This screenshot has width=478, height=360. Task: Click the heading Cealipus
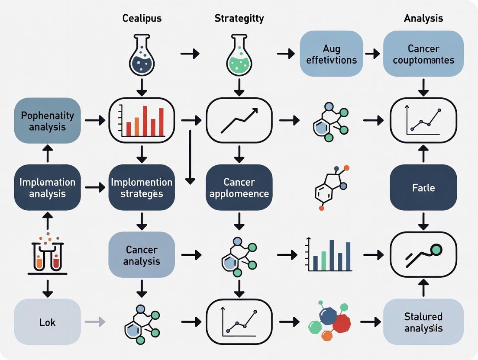click(x=142, y=19)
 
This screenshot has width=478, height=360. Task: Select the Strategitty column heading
click(x=239, y=19)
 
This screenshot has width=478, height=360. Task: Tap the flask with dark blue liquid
click(x=142, y=55)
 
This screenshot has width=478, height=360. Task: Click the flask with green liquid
click(x=239, y=55)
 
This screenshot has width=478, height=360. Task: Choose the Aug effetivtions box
click(x=331, y=54)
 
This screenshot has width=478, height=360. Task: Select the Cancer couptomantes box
click(x=423, y=54)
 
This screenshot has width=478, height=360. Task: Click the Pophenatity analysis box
click(x=48, y=121)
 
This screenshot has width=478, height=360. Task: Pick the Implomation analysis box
click(x=48, y=187)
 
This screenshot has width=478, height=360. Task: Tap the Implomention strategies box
click(x=142, y=187)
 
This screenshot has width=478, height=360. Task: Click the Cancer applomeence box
click(x=239, y=187)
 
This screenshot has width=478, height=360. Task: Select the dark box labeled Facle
click(x=423, y=187)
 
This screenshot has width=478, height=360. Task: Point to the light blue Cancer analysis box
click(x=142, y=254)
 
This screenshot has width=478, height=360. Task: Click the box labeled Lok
click(x=48, y=321)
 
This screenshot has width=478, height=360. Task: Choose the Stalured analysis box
click(x=423, y=321)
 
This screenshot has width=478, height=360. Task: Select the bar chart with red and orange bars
click(x=142, y=121)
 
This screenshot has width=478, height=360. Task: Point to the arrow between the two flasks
click(x=190, y=54)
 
